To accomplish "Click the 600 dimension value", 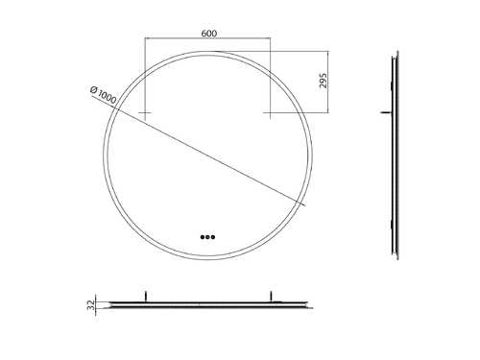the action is click(x=208, y=34).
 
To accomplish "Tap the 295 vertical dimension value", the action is click(x=324, y=81).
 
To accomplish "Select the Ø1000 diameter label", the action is click(x=103, y=95).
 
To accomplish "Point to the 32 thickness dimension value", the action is click(x=91, y=305).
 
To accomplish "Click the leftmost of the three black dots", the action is click(x=203, y=237).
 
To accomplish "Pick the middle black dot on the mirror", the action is click(x=207, y=237).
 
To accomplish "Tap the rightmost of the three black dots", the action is click(x=213, y=237).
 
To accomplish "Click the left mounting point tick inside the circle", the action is click(x=145, y=112).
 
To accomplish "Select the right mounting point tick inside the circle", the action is click(x=270, y=112).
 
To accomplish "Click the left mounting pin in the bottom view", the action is click(x=146, y=296).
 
